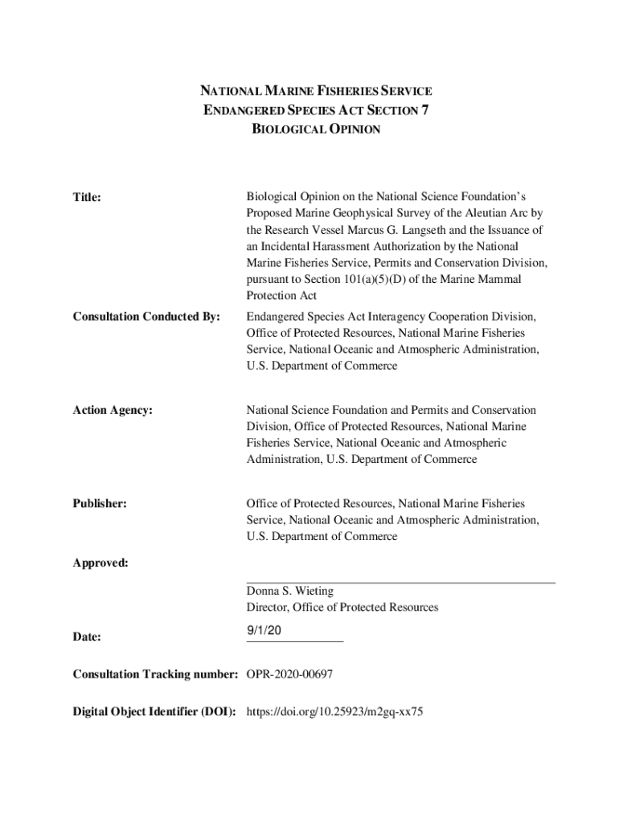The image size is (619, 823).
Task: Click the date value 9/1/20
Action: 264,632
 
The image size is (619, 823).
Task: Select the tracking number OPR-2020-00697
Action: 289,674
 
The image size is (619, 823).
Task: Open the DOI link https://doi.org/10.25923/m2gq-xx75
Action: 334,712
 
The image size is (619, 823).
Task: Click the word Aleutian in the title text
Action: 473,213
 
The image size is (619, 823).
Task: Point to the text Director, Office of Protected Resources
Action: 342,608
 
